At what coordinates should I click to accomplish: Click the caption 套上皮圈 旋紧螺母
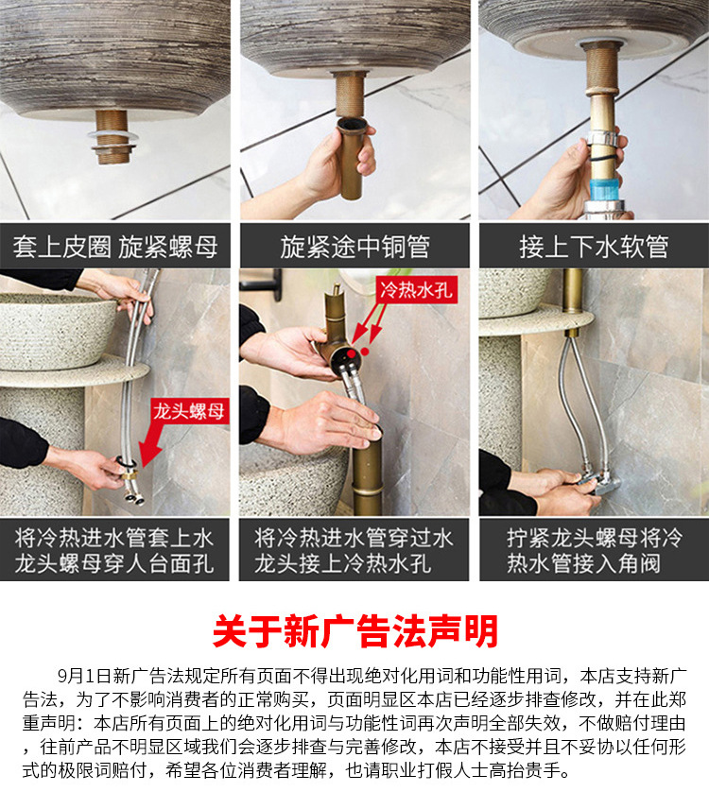click(115, 248)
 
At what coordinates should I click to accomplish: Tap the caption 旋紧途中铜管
click(354, 248)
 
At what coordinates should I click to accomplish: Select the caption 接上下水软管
click(594, 248)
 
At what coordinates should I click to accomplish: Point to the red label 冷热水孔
click(416, 290)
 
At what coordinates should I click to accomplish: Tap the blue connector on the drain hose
click(603, 180)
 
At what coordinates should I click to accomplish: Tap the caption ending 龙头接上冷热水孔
click(354, 564)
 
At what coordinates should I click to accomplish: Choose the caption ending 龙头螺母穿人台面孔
click(115, 564)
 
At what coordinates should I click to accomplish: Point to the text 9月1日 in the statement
click(84, 677)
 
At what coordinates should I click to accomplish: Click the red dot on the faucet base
click(353, 352)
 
